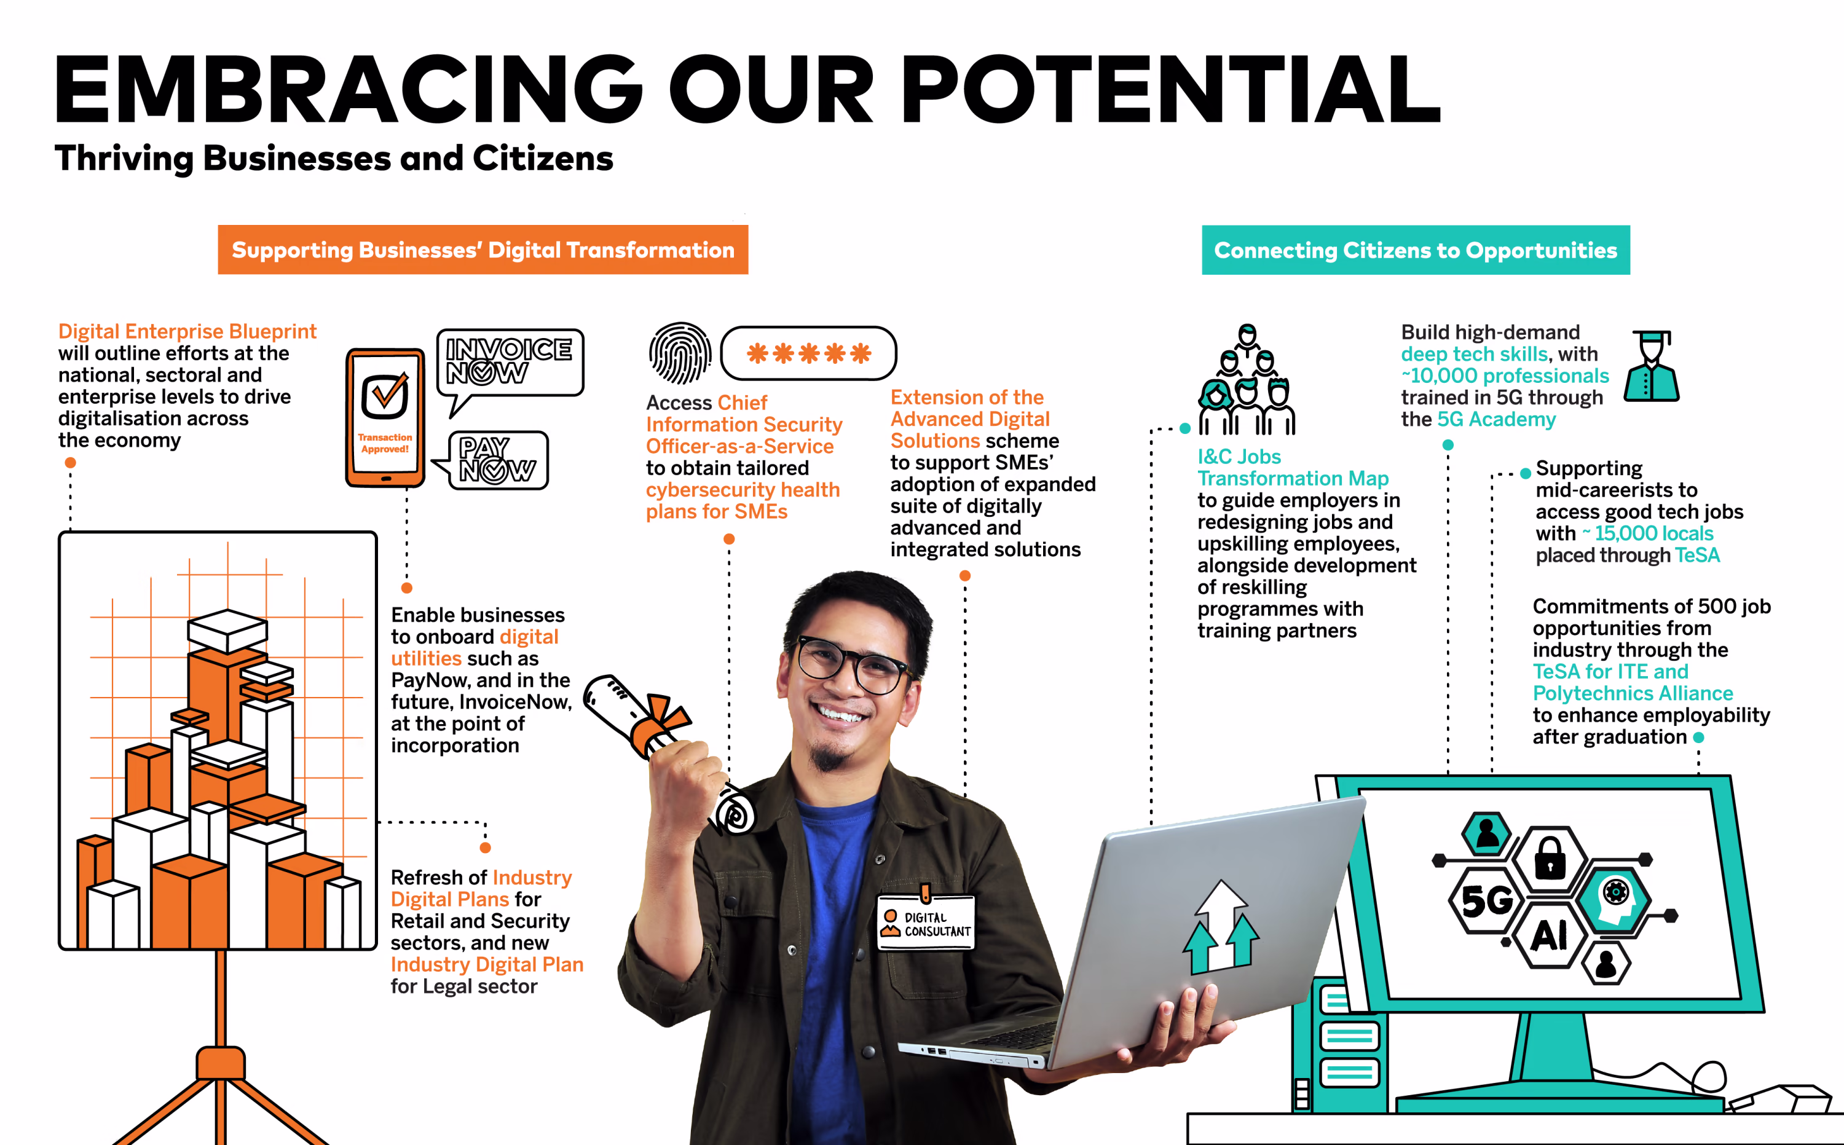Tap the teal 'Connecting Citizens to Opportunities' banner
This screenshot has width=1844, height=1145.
click(x=1416, y=250)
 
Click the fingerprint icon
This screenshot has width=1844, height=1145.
click(x=680, y=353)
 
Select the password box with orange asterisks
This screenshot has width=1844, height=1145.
click(x=808, y=353)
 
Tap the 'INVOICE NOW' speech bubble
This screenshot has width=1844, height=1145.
click(x=510, y=363)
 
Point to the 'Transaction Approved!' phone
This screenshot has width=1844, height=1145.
click(x=385, y=417)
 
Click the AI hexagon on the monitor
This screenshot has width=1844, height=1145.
click(x=1550, y=936)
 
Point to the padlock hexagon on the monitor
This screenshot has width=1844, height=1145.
click(x=1550, y=861)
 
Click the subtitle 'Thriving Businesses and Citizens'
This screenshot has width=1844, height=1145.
click(x=334, y=159)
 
